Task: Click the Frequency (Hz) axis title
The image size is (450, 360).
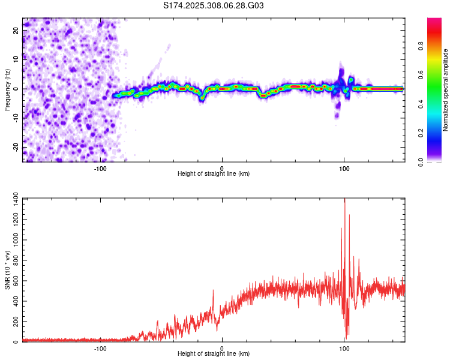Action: pos(7,88)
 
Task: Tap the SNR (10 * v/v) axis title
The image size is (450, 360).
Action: pos(7,269)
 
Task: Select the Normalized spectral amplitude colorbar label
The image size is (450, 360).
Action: pos(446,90)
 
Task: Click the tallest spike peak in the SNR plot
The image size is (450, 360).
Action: pos(344,200)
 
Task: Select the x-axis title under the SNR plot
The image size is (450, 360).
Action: pos(214,354)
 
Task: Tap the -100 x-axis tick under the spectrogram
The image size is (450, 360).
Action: pos(100,167)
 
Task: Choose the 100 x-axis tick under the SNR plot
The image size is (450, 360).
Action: pos(344,347)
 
